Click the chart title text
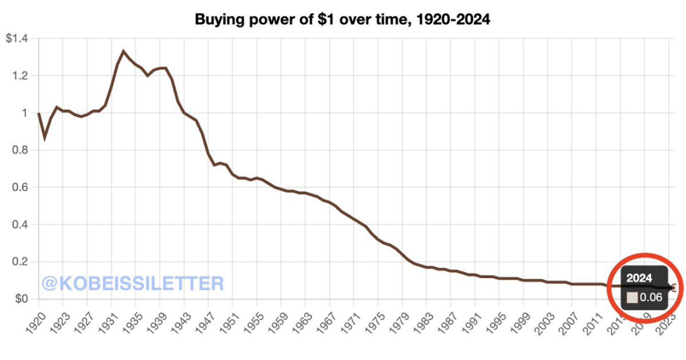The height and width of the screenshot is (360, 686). point(342,20)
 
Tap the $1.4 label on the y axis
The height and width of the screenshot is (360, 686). point(17,39)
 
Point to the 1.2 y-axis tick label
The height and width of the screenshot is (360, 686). point(22,76)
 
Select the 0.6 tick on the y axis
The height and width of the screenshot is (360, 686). point(22,187)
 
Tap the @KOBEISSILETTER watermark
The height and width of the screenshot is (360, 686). point(133,283)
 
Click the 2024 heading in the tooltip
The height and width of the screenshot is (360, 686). point(639,278)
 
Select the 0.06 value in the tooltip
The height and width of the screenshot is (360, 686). point(651,297)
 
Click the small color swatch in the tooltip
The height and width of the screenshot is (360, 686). point(633,297)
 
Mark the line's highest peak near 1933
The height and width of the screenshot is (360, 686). point(123,51)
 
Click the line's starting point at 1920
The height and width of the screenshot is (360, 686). point(38,113)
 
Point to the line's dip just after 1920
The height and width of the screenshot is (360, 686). point(44,138)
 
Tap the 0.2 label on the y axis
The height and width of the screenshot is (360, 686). point(22,262)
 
